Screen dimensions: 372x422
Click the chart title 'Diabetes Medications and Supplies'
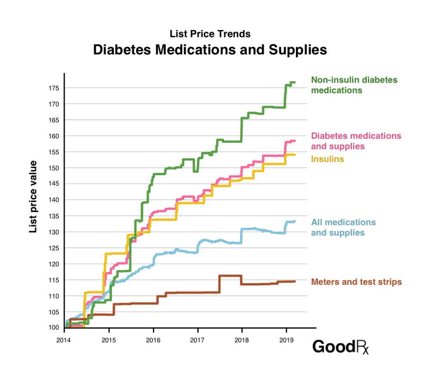tap(210, 50)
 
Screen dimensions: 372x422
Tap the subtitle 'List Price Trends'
tap(210, 33)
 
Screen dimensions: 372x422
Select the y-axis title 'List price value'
tap(33, 197)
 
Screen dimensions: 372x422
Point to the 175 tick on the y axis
tap(55, 88)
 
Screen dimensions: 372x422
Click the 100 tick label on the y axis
tap(55, 328)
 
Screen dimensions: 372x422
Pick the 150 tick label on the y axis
tap(55, 168)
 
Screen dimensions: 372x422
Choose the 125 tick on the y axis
tap(55, 248)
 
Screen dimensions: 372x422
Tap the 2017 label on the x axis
tap(197, 341)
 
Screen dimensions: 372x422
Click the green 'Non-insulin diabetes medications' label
tap(354, 85)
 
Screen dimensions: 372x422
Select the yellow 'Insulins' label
tap(327, 159)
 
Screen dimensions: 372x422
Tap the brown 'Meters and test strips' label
tap(356, 282)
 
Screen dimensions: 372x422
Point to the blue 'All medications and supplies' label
tap(343, 228)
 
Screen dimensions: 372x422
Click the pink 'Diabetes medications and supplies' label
tap(356, 141)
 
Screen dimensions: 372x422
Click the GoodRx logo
tap(340, 347)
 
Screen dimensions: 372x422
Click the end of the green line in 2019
tap(295, 82)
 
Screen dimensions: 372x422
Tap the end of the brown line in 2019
tap(295, 281)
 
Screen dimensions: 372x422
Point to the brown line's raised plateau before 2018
tap(230, 276)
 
